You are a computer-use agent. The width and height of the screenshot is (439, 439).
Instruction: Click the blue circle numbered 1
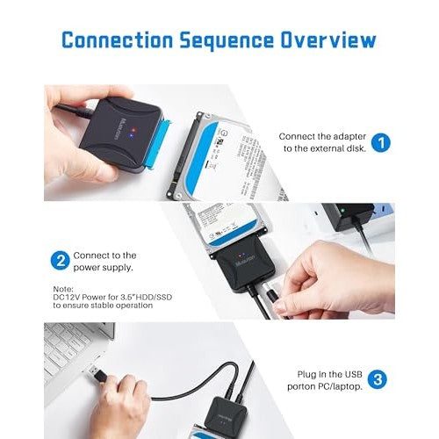coord(379,142)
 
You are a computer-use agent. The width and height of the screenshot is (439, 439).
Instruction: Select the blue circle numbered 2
coord(60,261)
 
